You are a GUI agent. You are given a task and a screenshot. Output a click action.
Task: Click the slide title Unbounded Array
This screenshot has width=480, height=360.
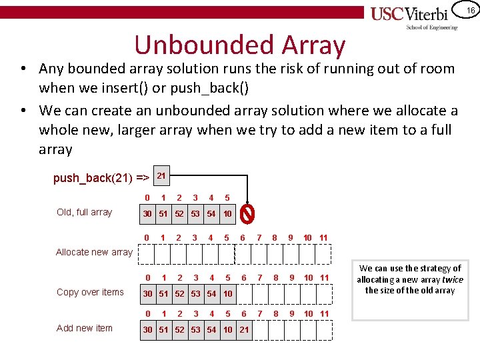point(240,45)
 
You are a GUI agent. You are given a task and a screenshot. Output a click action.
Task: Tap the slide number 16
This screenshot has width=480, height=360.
point(469,10)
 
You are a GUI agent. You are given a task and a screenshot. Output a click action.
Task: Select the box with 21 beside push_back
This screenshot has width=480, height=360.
point(161,175)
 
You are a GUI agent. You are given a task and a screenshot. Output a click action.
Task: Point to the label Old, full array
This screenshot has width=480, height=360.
point(85,213)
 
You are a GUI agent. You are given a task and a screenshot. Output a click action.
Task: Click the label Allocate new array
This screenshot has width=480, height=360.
point(94,252)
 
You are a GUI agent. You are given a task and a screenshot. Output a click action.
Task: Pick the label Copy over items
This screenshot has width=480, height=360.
point(90,292)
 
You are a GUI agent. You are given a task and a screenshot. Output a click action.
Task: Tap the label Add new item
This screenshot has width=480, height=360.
point(85,327)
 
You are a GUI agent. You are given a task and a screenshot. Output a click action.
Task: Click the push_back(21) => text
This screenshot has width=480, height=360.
point(101,178)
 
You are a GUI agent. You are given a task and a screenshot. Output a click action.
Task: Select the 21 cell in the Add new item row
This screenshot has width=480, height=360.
point(244,330)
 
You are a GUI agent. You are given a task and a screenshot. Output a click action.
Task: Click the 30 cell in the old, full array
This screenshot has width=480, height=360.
point(147,214)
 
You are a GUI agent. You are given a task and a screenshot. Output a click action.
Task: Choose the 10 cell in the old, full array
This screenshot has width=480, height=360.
point(227,214)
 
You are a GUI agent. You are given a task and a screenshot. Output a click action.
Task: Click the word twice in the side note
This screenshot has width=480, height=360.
point(453,279)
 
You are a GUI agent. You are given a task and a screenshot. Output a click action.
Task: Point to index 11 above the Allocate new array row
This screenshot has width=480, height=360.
point(323,238)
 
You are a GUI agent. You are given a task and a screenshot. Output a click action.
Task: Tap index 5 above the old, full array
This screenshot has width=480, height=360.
point(227,198)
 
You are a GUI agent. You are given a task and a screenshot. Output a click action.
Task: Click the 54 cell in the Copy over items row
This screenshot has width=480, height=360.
point(211,294)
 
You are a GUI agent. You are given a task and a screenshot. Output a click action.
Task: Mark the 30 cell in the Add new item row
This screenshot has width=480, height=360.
point(147,330)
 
